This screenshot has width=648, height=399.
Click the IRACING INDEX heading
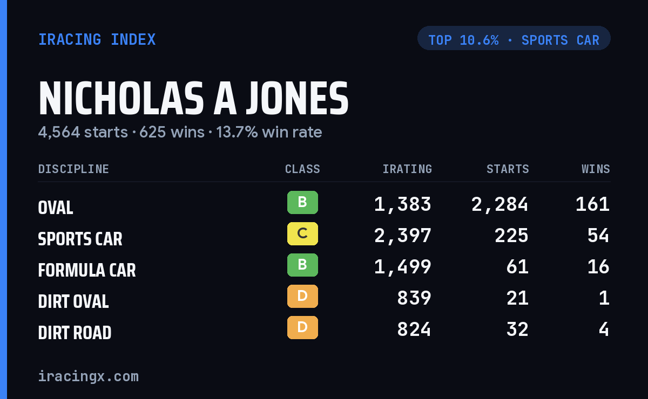(97, 39)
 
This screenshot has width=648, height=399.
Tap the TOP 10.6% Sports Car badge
(514, 38)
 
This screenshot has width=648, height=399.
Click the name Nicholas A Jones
(193, 98)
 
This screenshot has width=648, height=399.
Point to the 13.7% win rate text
(269, 132)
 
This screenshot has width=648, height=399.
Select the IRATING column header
(407, 169)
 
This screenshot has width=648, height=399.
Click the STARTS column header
(508, 169)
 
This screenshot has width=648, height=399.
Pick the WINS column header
(596, 169)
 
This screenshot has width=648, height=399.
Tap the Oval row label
(56, 208)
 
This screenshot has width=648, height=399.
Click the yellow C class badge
(302, 233)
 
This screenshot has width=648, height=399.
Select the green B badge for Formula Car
(302, 265)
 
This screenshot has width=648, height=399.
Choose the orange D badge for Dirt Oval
(302, 296)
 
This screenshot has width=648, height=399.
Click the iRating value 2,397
(403, 236)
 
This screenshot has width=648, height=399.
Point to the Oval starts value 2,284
(500, 204)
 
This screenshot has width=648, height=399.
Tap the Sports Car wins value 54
(598, 236)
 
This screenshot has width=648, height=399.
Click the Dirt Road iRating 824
(414, 329)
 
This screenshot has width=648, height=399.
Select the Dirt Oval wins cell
(604, 298)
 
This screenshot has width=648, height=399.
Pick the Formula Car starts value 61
(517, 267)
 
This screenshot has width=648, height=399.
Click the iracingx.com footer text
(89, 376)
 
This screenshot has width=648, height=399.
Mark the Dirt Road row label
(75, 332)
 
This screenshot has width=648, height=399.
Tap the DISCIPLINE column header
(73, 169)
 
